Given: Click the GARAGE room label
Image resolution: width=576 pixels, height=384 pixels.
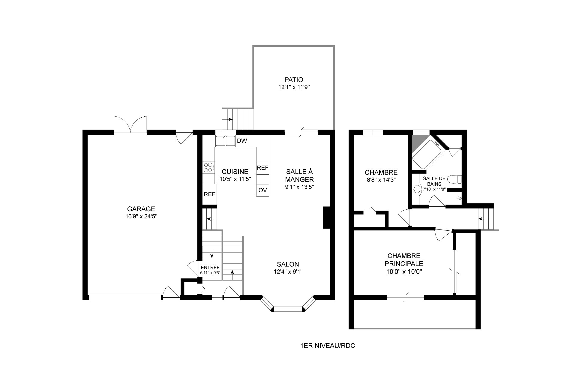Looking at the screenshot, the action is [x=141, y=209].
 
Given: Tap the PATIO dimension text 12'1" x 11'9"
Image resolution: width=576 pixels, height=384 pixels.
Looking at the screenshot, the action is [x=294, y=87].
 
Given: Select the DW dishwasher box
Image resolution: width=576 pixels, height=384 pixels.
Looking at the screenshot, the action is [x=242, y=141].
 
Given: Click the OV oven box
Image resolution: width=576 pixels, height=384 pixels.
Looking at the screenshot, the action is [x=263, y=190].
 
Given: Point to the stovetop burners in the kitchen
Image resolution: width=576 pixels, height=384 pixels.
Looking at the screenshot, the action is [x=208, y=168].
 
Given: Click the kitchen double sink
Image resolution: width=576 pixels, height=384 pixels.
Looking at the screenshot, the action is [x=225, y=141].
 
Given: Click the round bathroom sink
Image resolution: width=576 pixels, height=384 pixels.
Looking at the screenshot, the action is [x=417, y=190].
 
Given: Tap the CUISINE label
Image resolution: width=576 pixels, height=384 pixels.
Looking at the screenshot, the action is [x=235, y=172].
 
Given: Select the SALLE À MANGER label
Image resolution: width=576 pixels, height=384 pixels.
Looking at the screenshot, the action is [x=299, y=175].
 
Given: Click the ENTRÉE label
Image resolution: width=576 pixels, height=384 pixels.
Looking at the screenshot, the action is [x=210, y=268].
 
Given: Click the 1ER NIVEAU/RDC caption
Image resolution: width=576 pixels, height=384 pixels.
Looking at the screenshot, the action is [x=328, y=346].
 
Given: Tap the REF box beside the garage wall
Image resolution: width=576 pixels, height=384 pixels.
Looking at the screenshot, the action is [x=209, y=194].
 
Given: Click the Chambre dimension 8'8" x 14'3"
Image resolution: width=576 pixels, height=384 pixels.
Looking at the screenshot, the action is [x=381, y=180].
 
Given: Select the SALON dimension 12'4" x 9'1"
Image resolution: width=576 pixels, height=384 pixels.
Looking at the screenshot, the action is [x=288, y=272].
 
